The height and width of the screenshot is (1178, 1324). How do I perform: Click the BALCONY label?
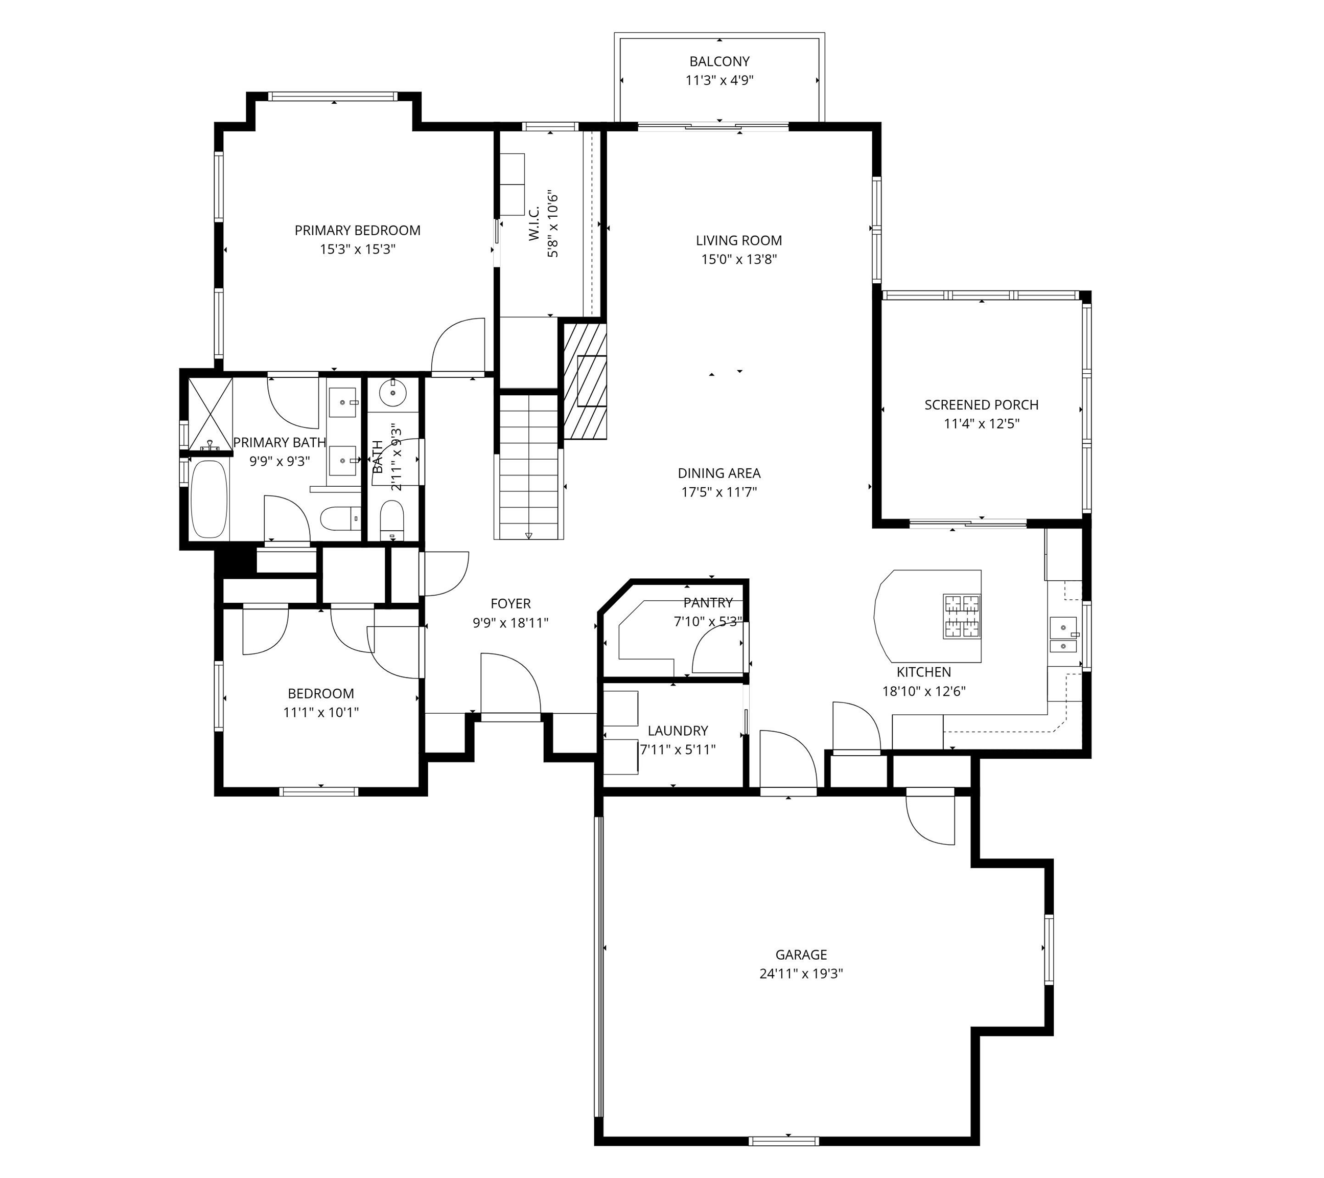click(719, 61)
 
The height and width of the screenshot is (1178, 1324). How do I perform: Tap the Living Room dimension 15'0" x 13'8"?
click(738, 260)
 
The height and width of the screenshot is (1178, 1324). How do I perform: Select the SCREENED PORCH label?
click(981, 405)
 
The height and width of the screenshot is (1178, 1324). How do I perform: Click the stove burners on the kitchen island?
click(961, 617)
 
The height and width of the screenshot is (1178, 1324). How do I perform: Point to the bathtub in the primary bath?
click(209, 499)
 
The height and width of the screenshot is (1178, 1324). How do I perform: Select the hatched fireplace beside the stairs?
click(584, 381)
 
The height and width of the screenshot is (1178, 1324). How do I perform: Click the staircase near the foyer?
click(528, 466)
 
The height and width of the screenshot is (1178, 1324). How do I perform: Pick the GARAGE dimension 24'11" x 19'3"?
click(801, 973)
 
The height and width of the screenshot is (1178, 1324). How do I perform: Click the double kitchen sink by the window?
click(1063, 637)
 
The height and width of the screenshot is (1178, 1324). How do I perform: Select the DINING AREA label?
click(718, 473)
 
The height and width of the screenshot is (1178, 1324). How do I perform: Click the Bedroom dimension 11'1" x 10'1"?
click(320, 712)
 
